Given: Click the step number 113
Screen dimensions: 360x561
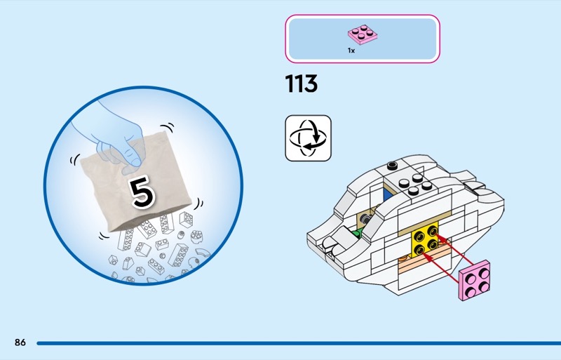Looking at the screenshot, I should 301,84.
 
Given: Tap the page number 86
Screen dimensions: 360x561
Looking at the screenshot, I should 20,342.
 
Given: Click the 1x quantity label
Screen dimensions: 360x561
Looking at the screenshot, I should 351,51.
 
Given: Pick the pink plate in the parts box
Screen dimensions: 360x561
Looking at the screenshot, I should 362,34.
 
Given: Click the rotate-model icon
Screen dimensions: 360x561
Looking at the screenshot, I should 308,138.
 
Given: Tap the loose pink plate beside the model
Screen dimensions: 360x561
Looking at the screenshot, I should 474,279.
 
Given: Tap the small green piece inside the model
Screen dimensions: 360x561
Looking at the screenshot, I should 356,234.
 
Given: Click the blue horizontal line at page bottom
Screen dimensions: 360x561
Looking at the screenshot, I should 295,343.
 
